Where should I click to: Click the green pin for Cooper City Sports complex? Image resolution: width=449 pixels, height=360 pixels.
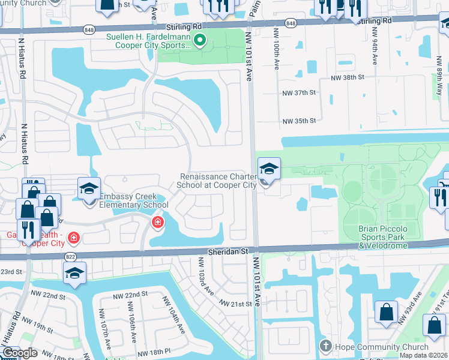point(200,41)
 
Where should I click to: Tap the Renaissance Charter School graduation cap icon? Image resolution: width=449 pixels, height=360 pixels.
point(269,169)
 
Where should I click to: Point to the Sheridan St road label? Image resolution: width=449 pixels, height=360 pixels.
point(228,253)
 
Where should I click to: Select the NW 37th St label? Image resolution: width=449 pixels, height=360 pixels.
point(298,93)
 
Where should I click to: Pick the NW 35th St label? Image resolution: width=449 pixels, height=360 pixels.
point(298,121)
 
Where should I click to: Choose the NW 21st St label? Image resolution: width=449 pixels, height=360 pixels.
point(235,304)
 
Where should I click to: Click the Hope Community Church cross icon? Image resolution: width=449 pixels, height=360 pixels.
point(325,346)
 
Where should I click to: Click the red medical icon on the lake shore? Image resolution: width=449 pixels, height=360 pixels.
point(157,223)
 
